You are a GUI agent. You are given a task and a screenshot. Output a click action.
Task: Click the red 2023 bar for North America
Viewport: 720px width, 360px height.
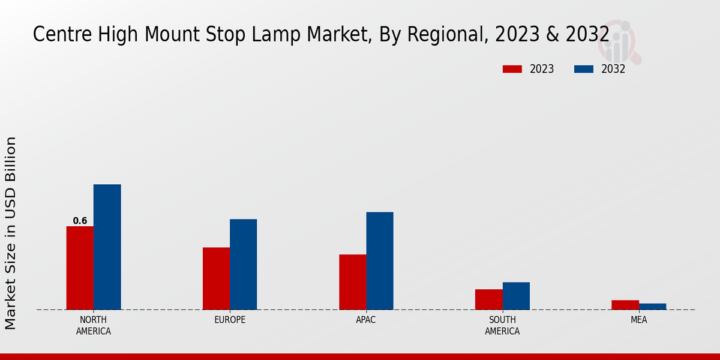tap(80, 268)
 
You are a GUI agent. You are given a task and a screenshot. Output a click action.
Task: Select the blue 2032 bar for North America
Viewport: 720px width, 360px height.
tap(107, 247)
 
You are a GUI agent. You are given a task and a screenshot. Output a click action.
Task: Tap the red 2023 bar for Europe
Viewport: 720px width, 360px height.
tap(216, 278)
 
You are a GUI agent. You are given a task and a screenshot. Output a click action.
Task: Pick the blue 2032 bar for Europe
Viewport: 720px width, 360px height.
tap(243, 264)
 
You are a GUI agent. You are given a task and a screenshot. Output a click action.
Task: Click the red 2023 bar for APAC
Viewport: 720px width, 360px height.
tap(352, 282)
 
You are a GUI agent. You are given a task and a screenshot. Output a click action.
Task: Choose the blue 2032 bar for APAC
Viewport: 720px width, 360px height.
tap(380, 260)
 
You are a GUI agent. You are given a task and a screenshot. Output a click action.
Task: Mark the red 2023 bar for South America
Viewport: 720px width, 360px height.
tap(488, 299)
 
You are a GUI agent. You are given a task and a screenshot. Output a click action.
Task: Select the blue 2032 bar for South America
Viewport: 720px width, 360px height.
tap(516, 296)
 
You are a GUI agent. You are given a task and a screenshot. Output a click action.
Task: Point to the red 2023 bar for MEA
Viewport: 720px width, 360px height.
tap(625, 305)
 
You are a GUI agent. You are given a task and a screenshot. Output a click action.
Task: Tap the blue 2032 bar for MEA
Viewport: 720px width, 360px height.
tap(652, 307)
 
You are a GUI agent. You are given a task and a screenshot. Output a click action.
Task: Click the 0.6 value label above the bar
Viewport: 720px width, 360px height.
tap(80, 221)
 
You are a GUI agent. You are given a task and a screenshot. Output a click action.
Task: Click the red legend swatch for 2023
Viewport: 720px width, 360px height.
tap(512, 69)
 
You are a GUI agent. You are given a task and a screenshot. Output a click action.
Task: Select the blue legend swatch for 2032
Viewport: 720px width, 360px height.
tap(583, 69)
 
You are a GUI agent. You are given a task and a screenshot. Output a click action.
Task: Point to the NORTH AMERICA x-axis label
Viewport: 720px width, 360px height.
tap(94, 325)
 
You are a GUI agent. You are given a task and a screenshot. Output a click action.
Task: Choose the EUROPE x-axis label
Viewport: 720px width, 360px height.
tap(230, 320)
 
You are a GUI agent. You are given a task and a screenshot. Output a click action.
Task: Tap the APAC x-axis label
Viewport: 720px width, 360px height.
tap(366, 320)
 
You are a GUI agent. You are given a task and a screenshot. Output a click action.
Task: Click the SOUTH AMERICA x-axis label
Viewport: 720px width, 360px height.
tap(502, 325)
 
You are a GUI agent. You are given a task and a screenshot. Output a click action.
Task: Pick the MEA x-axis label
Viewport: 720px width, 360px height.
tap(638, 320)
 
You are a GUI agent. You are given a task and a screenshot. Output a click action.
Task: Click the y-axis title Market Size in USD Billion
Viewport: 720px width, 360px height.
tap(11, 233)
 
